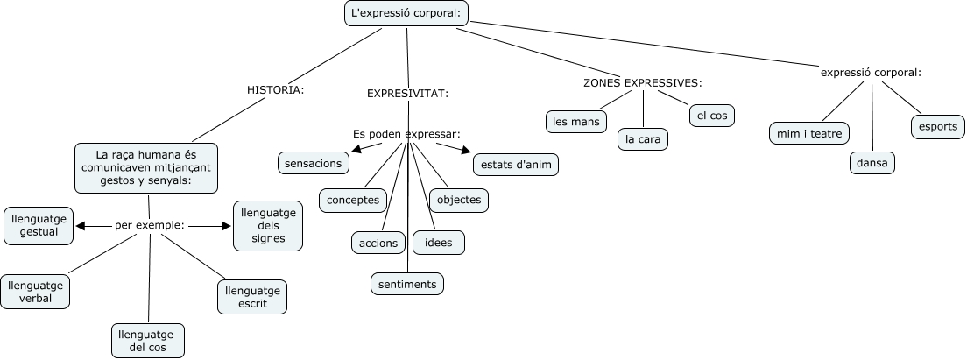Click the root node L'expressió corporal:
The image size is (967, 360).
[406, 13]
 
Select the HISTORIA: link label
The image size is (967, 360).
[275, 89]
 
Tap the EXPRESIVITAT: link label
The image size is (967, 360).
[407, 93]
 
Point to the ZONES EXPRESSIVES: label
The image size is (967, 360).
[643, 83]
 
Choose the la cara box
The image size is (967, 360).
[643, 138]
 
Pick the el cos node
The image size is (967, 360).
[711, 115]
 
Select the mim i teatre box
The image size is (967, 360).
[808, 133]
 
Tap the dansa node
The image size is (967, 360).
[872, 163]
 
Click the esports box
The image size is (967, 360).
[937, 126]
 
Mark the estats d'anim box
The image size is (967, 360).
[515, 164]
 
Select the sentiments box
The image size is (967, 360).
[407, 284]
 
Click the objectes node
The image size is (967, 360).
[458, 200]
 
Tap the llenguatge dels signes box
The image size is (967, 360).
[268, 225]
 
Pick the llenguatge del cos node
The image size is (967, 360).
[149, 341]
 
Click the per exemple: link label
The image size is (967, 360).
[149, 225]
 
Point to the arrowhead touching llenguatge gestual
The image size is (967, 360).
[80, 226]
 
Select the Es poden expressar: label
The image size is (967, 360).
[406, 134]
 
